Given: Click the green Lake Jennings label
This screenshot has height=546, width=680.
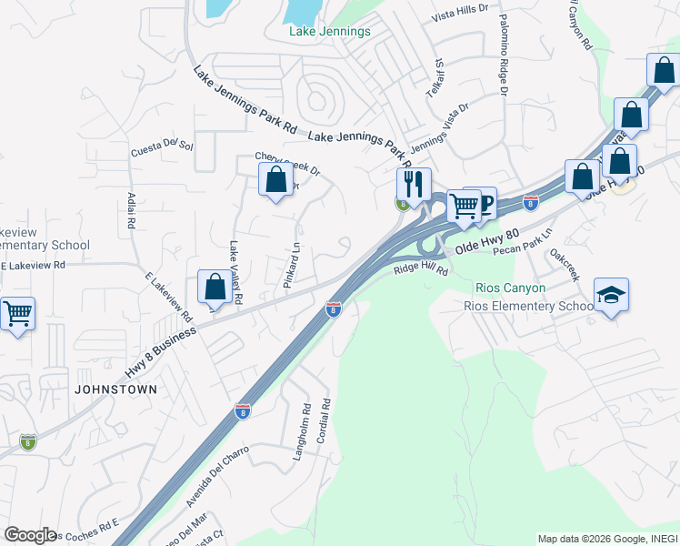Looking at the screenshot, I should click(329, 32).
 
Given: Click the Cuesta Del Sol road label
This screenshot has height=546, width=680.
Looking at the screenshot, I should click(163, 146).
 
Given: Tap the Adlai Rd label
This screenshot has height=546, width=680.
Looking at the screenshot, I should click(132, 210).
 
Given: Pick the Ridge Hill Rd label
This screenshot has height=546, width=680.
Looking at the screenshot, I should click(421, 270).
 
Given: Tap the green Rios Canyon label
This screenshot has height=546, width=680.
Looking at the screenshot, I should click(511, 288).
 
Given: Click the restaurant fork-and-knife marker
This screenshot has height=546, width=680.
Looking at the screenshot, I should click(414, 185).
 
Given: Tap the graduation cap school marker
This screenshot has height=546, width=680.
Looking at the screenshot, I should click(611, 295).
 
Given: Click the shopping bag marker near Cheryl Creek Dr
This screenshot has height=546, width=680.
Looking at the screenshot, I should click(275, 179).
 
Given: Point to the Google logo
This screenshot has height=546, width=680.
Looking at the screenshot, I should click(30, 535).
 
